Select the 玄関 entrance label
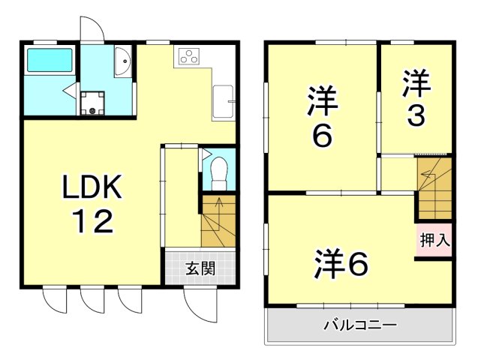point(201,268)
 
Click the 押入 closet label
point(434,241)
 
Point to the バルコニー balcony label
point(360,326)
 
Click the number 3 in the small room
point(416,115)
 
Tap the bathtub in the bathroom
point(50,61)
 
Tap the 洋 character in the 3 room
point(416,84)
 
